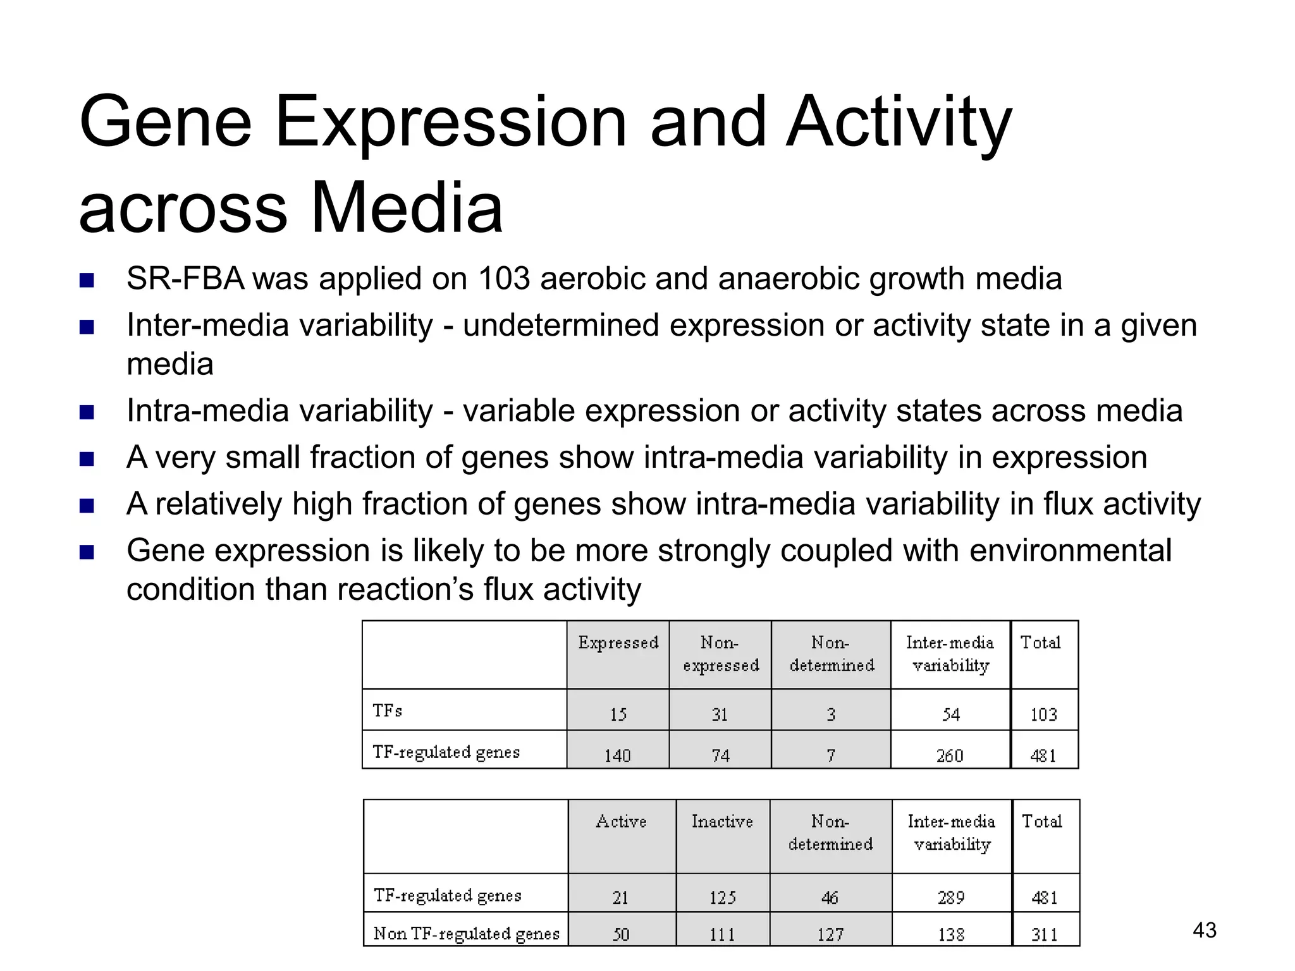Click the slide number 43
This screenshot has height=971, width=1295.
click(1204, 930)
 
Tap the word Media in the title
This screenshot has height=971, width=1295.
click(407, 208)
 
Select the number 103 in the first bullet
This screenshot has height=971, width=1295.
click(504, 278)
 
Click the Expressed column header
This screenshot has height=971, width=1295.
click(618, 643)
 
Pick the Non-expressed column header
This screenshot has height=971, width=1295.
click(720, 654)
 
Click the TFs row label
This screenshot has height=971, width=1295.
click(387, 711)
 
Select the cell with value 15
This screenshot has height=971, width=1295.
click(618, 714)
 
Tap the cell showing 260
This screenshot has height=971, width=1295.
click(950, 755)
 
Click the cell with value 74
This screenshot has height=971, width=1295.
click(720, 755)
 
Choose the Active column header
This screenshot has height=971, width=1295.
click(621, 821)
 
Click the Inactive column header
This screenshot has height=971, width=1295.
click(722, 821)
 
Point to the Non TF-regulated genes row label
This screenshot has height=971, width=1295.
click(467, 934)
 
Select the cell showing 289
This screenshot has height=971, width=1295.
click(951, 898)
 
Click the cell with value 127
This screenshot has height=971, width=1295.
click(830, 934)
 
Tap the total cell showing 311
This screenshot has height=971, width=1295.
click(1045, 934)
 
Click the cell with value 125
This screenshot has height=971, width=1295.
click(722, 898)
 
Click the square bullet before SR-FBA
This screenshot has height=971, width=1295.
click(87, 280)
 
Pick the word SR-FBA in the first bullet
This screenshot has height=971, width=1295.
click(185, 278)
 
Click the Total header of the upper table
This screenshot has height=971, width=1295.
click(1040, 643)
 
